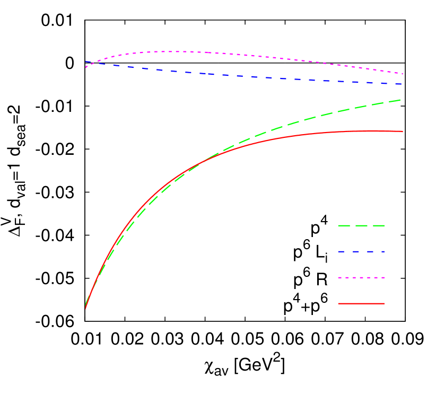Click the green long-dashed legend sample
pyautogui.click(x=361, y=226)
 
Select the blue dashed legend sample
pyautogui.click(x=361, y=251)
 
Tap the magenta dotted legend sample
pyautogui.click(x=361, y=277)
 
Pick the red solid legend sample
pyautogui.click(x=361, y=303)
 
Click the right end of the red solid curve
pyautogui.click(x=403, y=131)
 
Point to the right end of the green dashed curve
pyautogui.click(x=400, y=100)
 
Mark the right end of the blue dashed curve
pyautogui.click(x=402, y=84)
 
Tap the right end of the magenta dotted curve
pyautogui.click(x=403, y=74)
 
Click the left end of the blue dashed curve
pyautogui.click(x=86, y=62)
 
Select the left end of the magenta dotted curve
pyautogui.click(x=86, y=67)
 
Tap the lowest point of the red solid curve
pyautogui.click(x=85, y=308)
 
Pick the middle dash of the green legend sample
pyautogui.click(x=361, y=226)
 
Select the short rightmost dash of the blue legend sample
pyautogui.click(x=382, y=251)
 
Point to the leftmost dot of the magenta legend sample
pyautogui.click(x=339, y=277)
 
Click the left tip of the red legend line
pyautogui.click(x=338, y=303)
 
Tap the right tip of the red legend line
pyautogui.click(x=384, y=303)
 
